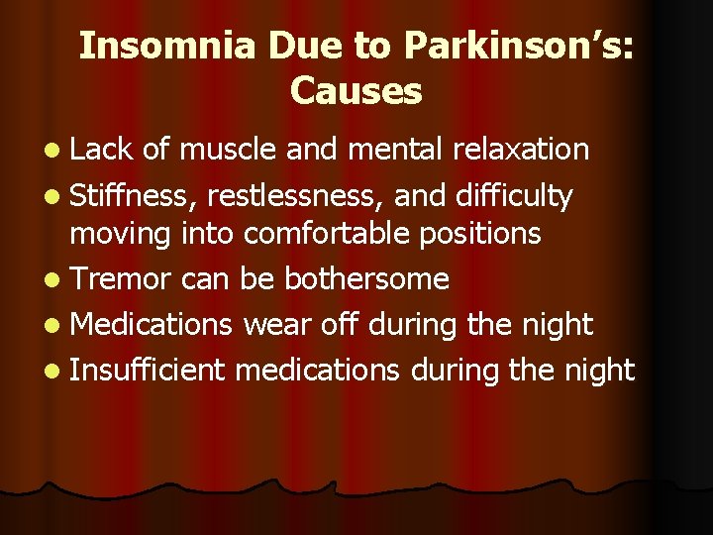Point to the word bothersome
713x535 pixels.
click(367, 278)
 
